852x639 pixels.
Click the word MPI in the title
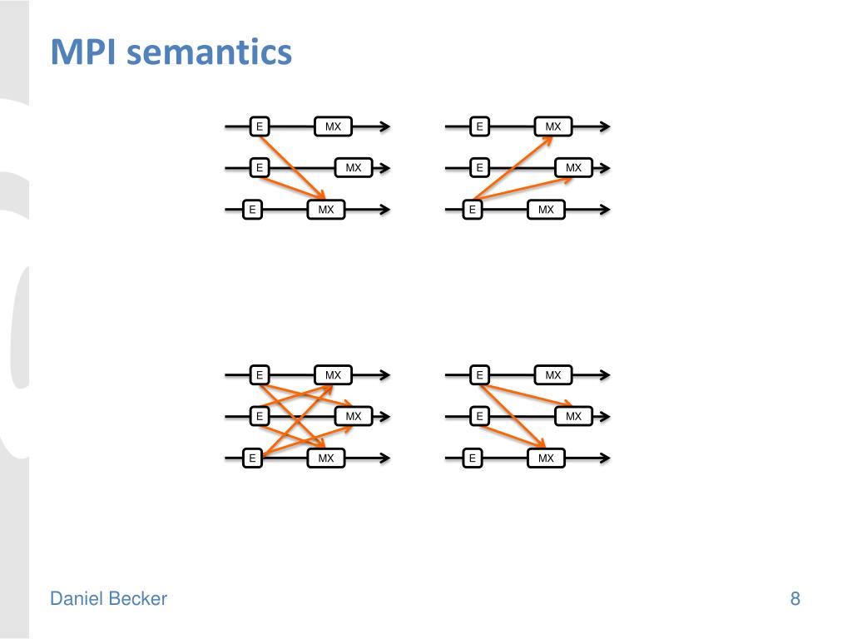coord(81,52)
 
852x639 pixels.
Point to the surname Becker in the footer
coord(138,598)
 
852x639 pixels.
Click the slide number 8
coord(795,598)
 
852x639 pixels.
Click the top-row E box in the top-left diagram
coord(260,126)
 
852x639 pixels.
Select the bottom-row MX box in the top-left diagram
coord(326,210)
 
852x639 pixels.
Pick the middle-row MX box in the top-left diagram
coord(354,167)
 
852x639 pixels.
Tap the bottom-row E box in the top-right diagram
coord(472,210)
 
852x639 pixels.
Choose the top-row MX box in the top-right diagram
coord(553,126)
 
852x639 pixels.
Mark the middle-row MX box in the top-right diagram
coord(574,167)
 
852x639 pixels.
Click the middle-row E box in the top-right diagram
coord(479,167)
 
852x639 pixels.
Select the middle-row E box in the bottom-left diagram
coord(260,415)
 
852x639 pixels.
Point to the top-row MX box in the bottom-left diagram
coord(333,375)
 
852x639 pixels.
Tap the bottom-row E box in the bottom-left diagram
coord(251,458)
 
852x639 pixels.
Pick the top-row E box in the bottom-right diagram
coord(479,375)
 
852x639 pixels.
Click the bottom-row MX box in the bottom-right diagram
coord(546,458)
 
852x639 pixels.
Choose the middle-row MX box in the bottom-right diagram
coord(574,415)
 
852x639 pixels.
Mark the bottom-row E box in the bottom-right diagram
coord(472,458)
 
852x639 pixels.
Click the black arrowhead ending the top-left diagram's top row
coord(384,126)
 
